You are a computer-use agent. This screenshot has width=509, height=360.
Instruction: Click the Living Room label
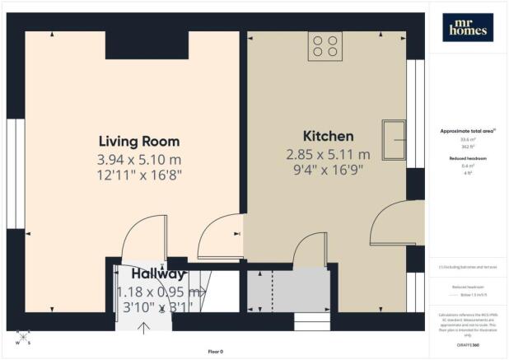tap(138, 141)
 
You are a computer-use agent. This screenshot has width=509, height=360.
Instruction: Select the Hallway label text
tap(159, 274)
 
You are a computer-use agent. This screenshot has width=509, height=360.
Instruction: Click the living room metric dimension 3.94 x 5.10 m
tap(138, 158)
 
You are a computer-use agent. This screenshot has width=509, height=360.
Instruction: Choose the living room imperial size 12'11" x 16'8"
tap(138, 175)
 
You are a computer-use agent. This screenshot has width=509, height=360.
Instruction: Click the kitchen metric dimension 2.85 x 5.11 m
tap(328, 154)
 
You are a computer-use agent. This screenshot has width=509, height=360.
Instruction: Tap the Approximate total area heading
tap(467, 131)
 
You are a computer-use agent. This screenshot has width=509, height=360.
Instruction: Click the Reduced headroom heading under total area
tap(467, 159)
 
